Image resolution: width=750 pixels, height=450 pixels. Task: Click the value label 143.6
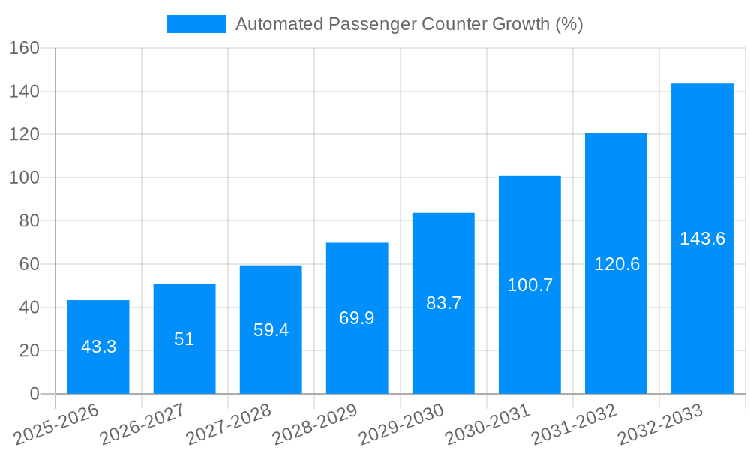pos(702,238)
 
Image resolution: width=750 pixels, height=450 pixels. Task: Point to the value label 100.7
pos(529,285)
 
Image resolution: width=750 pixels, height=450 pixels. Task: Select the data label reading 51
pos(184,339)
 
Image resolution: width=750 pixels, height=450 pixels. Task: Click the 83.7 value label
pos(443,303)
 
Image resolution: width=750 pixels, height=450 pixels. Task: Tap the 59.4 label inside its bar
pos(271,330)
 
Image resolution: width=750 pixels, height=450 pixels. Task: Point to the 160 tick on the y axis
pos(24,48)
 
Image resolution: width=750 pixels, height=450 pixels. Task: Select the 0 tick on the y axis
pos(34,394)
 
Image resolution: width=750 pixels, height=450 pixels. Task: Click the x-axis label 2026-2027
pos(142,424)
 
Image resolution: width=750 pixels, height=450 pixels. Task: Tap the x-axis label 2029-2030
pos(401,424)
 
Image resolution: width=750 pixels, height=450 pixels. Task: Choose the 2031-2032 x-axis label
pos(574,424)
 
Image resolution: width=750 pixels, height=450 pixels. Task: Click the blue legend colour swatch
pos(196,24)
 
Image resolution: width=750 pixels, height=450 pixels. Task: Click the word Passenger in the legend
pos(371,24)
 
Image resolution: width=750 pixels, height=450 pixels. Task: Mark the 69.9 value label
pos(357,318)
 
